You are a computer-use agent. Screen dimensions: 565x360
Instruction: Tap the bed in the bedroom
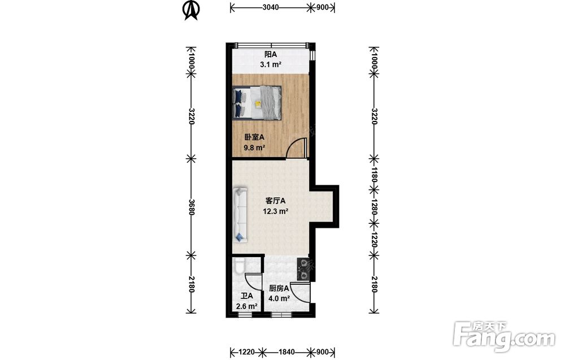pyautogui.click(x=257, y=102)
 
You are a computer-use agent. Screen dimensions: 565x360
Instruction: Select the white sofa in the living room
pyautogui.click(x=240, y=214)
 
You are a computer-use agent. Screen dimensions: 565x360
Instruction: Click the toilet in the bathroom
pyautogui.click(x=239, y=266)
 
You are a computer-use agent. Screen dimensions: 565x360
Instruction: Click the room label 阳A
pyautogui.click(x=271, y=54)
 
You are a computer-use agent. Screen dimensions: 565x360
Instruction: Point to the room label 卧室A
pyautogui.click(x=254, y=137)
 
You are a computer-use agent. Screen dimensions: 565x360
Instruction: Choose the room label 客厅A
pyautogui.click(x=275, y=201)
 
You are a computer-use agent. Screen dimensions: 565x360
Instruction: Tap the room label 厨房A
pyautogui.click(x=279, y=288)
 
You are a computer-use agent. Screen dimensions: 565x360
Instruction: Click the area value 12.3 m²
pyautogui.click(x=275, y=211)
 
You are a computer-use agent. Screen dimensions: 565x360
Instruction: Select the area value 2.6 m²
pyautogui.click(x=246, y=306)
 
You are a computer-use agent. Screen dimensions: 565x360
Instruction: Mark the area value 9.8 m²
pyautogui.click(x=254, y=148)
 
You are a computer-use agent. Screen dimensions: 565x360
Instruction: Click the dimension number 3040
pyautogui.click(x=270, y=7)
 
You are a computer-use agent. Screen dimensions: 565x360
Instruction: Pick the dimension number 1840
pyautogui.click(x=286, y=352)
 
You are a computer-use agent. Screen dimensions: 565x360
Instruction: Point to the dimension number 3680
pyautogui.click(x=192, y=207)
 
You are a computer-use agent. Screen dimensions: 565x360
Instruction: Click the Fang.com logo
pyautogui.click(x=505, y=336)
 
